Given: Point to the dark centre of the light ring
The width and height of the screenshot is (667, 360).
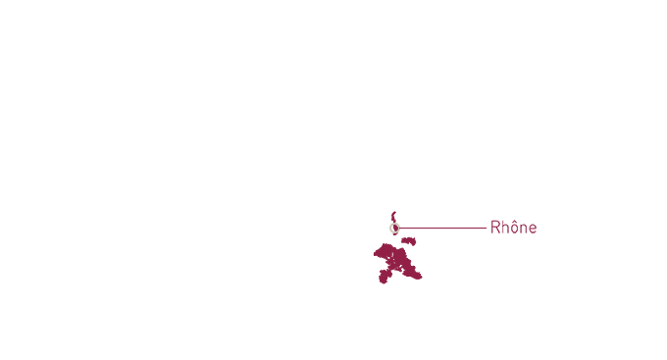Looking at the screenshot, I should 394,228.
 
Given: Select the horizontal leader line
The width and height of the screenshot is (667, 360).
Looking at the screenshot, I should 454,228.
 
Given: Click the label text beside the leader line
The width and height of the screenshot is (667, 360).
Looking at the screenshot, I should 513,228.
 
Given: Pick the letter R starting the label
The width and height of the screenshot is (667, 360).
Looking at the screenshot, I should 495,228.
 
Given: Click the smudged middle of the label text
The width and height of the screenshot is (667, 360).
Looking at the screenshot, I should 513,228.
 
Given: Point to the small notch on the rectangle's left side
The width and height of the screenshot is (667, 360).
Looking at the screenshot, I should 375,253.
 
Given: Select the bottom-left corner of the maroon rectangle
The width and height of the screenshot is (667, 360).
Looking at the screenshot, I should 378,285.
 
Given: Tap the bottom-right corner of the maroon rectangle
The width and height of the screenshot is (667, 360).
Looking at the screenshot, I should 423,285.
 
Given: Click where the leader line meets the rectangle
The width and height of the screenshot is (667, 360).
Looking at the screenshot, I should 424,228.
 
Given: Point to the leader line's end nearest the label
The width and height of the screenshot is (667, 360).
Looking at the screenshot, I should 486,228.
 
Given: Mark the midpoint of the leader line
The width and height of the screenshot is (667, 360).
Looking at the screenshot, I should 454,228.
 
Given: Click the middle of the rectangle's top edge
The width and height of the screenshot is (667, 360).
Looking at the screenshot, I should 400,210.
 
